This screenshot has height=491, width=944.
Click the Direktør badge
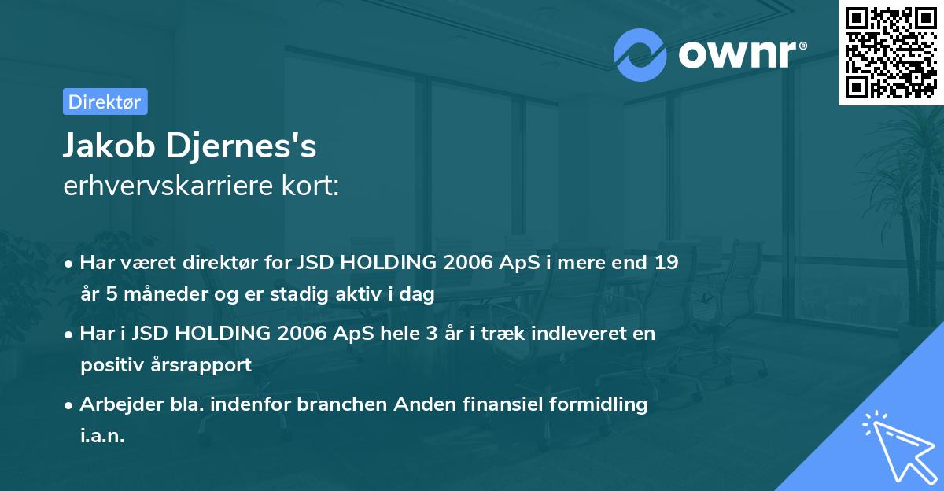coord(105,102)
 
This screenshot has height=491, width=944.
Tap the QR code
coord(891,52)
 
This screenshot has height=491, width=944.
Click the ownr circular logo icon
coord(640,54)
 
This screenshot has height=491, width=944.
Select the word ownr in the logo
coord(737,54)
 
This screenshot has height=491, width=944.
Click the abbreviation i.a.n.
coord(102,436)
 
